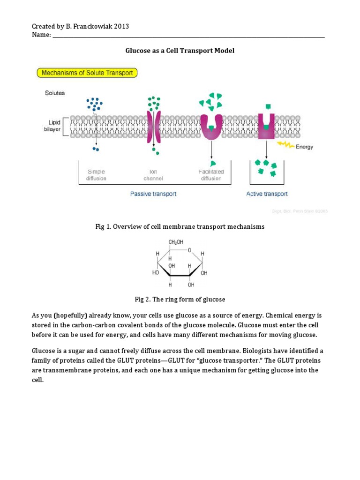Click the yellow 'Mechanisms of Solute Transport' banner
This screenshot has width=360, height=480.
[x=87, y=73]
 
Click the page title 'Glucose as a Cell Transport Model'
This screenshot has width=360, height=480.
[x=180, y=51]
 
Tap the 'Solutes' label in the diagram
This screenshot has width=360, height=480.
[x=55, y=93]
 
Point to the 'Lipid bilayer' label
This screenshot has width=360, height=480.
[x=52, y=126]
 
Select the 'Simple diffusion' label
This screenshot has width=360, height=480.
[x=97, y=175]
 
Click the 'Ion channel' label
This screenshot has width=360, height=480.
[x=153, y=175]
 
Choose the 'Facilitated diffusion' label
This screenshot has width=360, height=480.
[x=211, y=175]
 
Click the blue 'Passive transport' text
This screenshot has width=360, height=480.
[x=153, y=194]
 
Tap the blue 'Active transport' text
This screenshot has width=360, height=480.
[x=267, y=194]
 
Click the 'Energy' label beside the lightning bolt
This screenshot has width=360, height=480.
[x=304, y=147]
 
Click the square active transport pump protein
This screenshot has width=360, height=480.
[x=266, y=127]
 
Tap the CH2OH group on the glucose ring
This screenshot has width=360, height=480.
[x=176, y=242]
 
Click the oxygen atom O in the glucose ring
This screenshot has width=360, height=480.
[x=189, y=251]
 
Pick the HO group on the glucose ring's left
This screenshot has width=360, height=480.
[x=156, y=272]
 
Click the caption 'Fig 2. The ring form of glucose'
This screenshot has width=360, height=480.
[x=180, y=299]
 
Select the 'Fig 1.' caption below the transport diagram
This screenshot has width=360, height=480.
[x=180, y=226]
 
